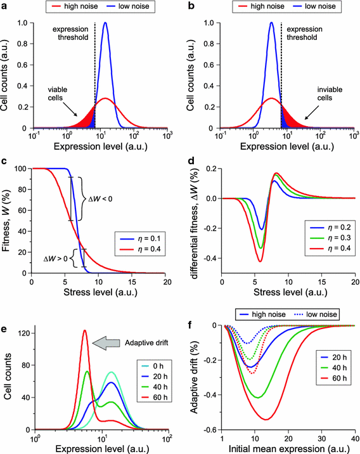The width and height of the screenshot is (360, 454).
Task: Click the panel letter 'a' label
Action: click(x=4, y=6)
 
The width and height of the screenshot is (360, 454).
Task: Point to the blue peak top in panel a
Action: click(x=105, y=23)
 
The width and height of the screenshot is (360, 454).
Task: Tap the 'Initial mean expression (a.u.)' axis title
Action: click(x=288, y=448)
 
